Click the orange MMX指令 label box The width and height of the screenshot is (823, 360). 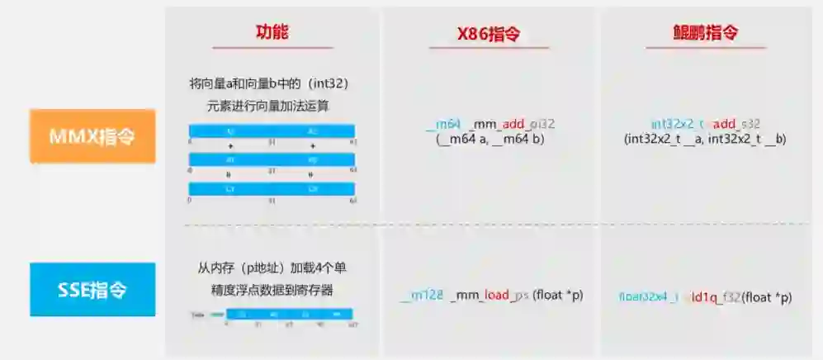point(92,136)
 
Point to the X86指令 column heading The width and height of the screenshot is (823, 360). point(488,35)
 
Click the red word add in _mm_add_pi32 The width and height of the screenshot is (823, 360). point(516,124)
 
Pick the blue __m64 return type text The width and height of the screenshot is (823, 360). point(443,124)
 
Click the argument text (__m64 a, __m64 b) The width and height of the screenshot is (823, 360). point(490,140)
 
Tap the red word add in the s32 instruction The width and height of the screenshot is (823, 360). point(724,124)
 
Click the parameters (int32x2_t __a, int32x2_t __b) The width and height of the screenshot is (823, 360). point(706,140)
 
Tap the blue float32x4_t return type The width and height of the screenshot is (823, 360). point(647,296)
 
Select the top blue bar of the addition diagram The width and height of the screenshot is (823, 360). point(272,131)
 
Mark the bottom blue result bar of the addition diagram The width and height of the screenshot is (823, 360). point(272,189)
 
